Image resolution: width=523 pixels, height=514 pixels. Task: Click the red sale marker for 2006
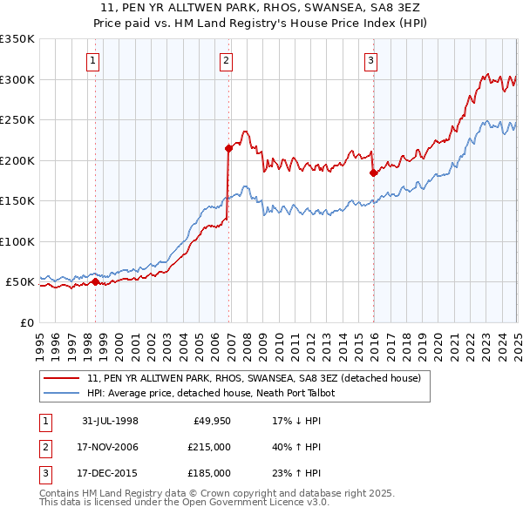coord(228,148)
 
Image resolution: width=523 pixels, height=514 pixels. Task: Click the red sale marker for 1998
coord(95,281)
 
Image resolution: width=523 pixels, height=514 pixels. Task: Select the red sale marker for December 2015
coord(373,172)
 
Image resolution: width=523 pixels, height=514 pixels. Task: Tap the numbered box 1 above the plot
coord(92,60)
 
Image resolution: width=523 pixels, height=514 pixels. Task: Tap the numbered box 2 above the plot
coord(226,60)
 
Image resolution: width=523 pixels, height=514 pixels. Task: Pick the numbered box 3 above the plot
coord(370,60)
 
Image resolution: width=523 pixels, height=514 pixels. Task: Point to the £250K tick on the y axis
coord(17,119)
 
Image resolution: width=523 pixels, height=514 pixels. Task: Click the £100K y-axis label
coord(17,241)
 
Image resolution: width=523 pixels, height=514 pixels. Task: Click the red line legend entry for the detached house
coord(254,378)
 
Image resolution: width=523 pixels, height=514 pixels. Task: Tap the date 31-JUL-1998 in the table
coord(110,421)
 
